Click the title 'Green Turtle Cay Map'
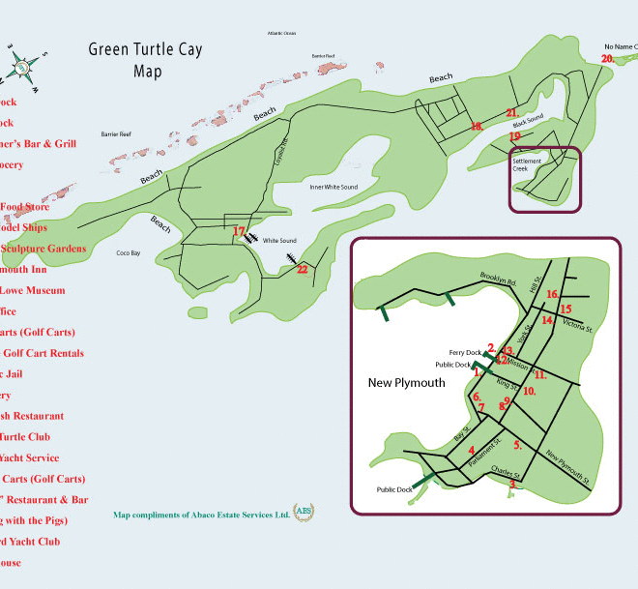[146, 60]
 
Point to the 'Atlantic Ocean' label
[283, 33]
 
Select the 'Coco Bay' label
[129, 253]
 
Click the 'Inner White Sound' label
[333, 187]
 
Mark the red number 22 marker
[302, 270]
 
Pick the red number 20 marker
[607, 59]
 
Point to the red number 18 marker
[476, 127]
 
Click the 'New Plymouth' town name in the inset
[406, 383]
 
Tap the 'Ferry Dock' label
[465, 352]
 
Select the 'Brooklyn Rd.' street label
[498, 281]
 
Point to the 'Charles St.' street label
[506, 472]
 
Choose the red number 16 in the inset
[553, 294]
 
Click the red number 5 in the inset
[518, 445]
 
